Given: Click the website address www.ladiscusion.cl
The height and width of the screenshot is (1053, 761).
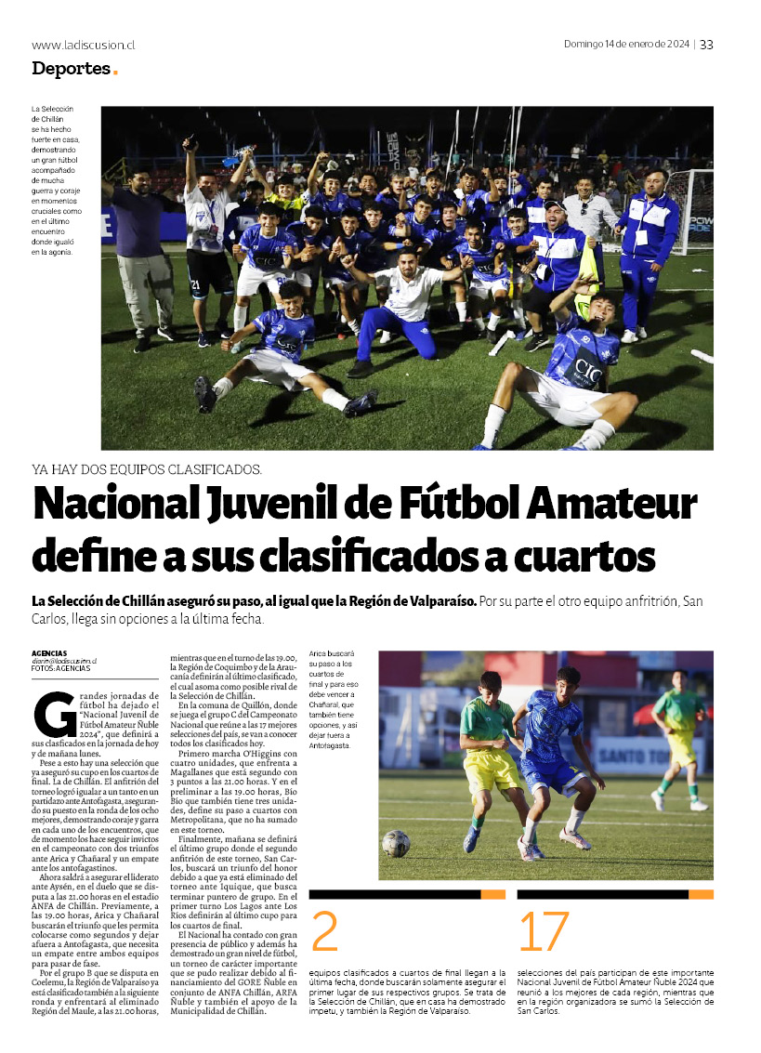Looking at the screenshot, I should pyautogui.click(x=84, y=45).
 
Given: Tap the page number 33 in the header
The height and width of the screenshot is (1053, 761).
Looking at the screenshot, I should pyautogui.click(x=706, y=45).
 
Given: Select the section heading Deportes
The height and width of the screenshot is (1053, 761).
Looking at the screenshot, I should pyautogui.click(x=70, y=68).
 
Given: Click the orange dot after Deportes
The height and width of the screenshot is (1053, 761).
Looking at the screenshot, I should pyautogui.click(x=115, y=72).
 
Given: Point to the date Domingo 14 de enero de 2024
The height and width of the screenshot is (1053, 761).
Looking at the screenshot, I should pyautogui.click(x=626, y=45).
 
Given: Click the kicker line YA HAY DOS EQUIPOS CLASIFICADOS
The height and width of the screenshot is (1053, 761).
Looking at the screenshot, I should pyautogui.click(x=147, y=469).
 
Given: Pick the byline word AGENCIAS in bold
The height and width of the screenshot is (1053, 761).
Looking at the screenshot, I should pyautogui.click(x=49, y=653).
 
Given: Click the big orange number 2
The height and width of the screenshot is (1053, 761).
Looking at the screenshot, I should pyautogui.click(x=324, y=931).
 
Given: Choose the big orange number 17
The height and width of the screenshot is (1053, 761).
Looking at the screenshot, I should pyautogui.click(x=543, y=931).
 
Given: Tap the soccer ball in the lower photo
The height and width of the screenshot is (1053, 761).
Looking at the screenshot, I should pyautogui.click(x=396, y=842).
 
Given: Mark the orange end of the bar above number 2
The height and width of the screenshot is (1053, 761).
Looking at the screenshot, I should pyautogui.click(x=493, y=894).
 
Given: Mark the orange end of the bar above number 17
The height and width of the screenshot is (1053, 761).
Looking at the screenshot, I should pyautogui.click(x=702, y=894).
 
